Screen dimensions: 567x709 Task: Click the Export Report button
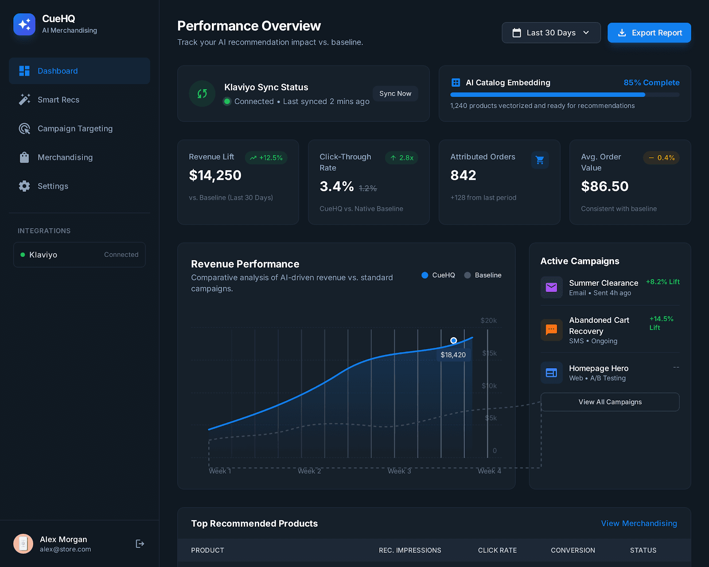click(x=649, y=33)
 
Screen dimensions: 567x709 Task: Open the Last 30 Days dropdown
click(x=551, y=33)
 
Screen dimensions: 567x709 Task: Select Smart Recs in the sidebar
click(x=58, y=100)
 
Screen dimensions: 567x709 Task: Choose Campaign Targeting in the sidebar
click(x=75, y=128)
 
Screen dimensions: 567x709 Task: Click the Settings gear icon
click(x=24, y=186)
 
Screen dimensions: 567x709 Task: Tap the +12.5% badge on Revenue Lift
click(x=266, y=158)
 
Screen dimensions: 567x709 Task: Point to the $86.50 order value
click(x=604, y=186)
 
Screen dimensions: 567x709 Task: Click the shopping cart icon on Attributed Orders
click(x=540, y=160)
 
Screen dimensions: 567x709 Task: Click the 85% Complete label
click(x=651, y=82)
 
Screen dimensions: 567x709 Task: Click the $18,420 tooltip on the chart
click(x=453, y=355)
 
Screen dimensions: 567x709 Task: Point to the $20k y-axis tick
click(x=488, y=320)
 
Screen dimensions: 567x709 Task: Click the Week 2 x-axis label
click(x=309, y=471)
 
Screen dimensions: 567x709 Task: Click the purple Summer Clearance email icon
click(x=551, y=287)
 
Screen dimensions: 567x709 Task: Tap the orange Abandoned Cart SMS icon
click(x=551, y=330)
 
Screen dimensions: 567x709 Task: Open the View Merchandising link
click(x=639, y=523)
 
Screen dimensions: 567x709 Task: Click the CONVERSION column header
click(x=573, y=550)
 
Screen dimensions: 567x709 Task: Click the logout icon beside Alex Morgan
click(x=140, y=544)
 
